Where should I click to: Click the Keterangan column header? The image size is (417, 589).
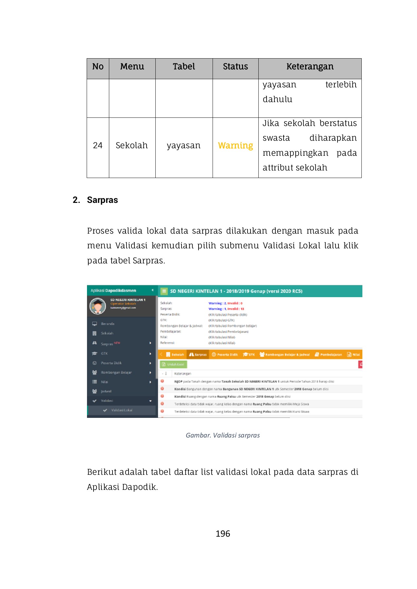[x=310, y=67]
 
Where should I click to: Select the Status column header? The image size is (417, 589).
[x=235, y=67]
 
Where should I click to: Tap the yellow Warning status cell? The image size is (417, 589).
[x=235, y=146]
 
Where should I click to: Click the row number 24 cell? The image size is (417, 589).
[x=97, y=146]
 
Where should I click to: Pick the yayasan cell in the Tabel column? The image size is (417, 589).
[x=183, y=146]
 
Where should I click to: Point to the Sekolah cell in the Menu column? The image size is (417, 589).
[x=131, y=146]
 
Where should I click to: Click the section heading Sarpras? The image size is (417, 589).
[x=102, y=200]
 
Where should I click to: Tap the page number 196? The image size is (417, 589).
[x=223, y=534]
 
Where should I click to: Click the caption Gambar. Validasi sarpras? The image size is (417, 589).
[x=223, y=435]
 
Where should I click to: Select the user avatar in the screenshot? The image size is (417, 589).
[x=97, y=306]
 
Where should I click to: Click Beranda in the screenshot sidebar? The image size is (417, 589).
[x=108, y=324]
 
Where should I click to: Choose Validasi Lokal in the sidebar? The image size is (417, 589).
[x=122, y=410]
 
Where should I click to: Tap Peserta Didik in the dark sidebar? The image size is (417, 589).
[x=111, y=363]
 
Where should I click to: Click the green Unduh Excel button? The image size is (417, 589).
[x=173, y=364]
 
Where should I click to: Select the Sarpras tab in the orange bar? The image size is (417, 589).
[x=198, y=354]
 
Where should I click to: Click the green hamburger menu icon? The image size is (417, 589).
[x=164, y=291]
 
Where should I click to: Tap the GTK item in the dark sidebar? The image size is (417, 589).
[x=104, y=353]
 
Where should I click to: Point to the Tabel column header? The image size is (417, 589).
[x=184, y=67]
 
